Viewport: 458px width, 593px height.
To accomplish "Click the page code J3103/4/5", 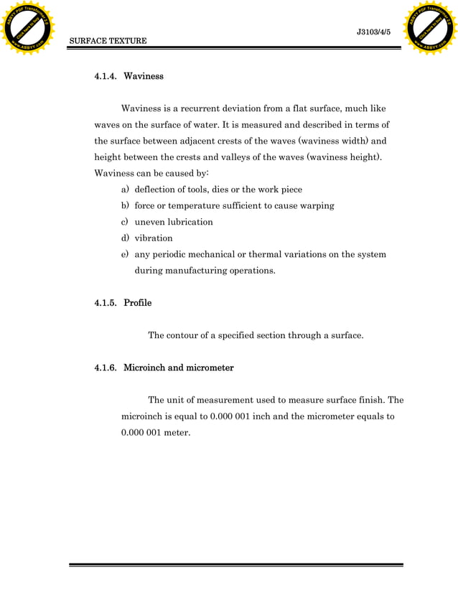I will (x=373, y=31).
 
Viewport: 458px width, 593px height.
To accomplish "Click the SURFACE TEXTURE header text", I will (x=108, y=41).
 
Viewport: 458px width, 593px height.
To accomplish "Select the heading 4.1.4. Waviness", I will (x=129, y=75).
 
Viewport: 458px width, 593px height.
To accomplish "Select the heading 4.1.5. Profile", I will (x=123, y=302).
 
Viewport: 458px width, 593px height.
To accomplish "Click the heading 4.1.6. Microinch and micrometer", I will (x=164, y=368).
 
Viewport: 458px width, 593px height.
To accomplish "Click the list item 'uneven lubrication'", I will (x=174, y=222).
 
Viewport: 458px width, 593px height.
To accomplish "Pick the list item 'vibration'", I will (x=154, y=238).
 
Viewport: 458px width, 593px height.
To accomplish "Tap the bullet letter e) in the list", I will (x=125, y=254).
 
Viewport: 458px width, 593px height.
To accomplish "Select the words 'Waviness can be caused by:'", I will (x=151, y=173).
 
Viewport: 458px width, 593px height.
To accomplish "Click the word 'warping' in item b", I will (x=316, y=205).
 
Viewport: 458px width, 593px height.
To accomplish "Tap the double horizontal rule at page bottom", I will (x=235, y=566).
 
